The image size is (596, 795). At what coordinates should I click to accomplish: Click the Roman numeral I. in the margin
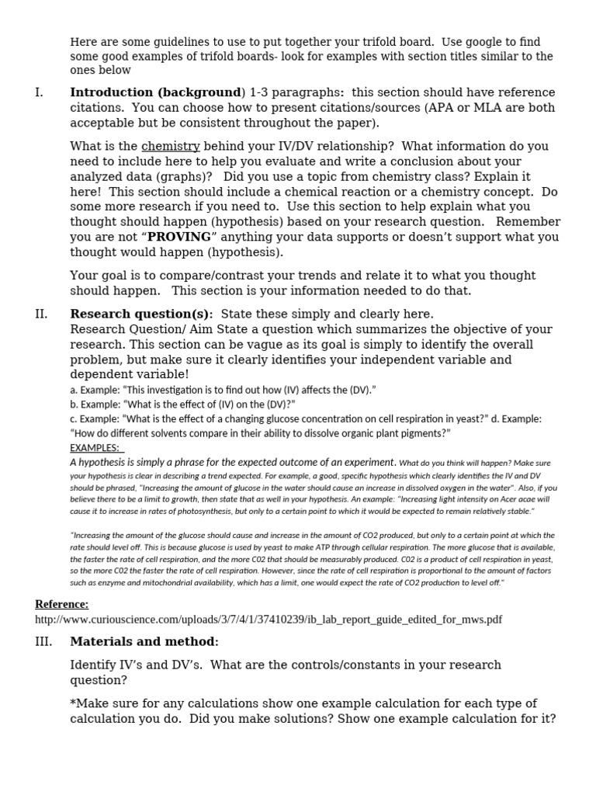coord(39,93)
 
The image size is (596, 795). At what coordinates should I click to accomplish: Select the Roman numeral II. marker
coord(41,314)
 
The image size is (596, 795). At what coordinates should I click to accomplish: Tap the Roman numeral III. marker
coord(43,642)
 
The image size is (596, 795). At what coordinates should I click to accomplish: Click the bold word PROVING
coord(179,237)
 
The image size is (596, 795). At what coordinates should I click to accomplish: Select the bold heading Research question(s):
coord(141,314)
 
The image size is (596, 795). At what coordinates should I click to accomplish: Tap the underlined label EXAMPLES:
coord(95,448)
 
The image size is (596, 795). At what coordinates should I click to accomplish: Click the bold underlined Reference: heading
coord(61,604)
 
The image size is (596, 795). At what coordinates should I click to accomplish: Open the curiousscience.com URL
coord(269,620)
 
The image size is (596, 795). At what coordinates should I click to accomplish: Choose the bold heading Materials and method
coord(143,642)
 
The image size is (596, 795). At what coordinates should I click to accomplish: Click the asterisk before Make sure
coord(73,703)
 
